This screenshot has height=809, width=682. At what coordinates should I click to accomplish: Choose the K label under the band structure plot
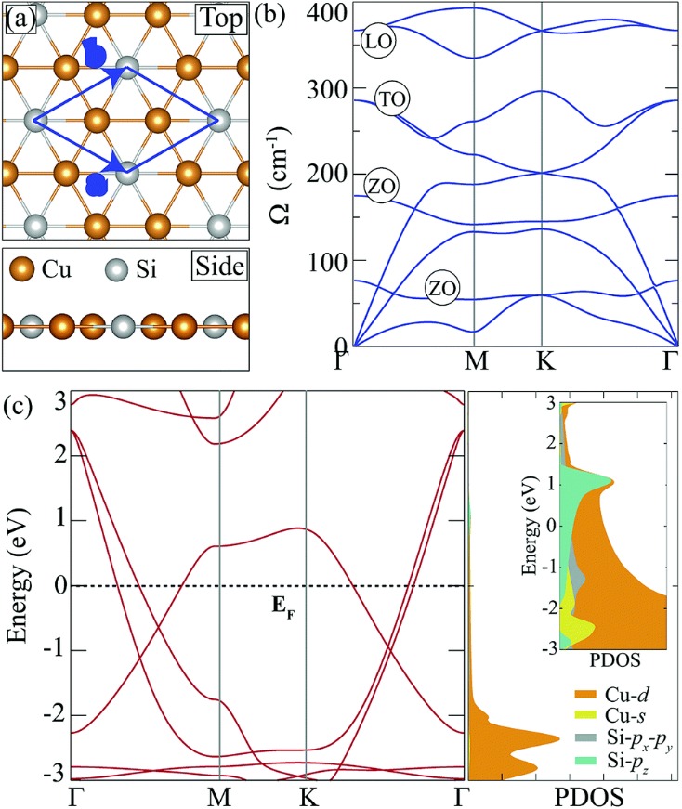coord(306,796)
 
